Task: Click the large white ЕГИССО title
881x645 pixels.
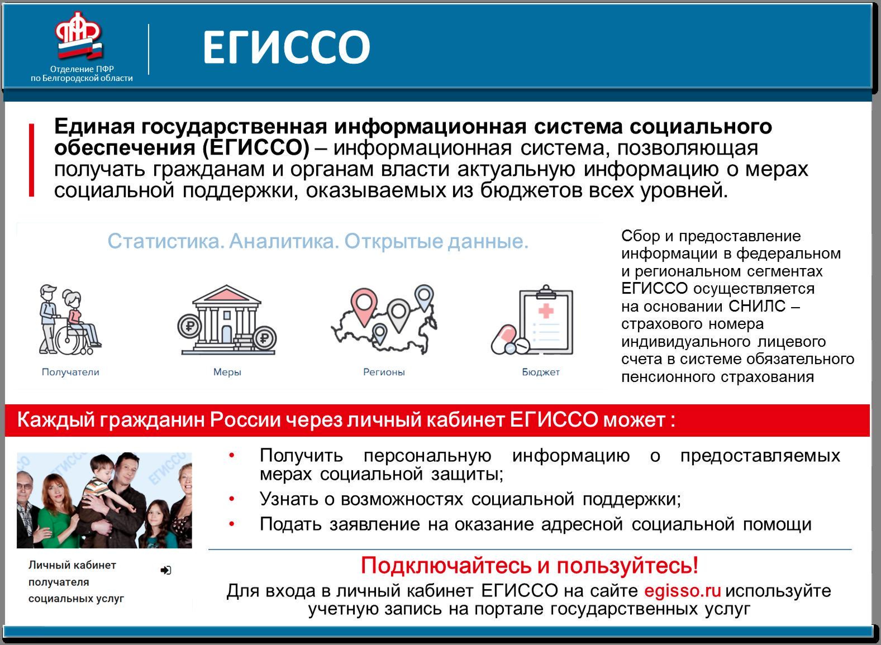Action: click(x=286, y=47)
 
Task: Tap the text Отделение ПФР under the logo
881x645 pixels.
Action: click(x=82, y=69)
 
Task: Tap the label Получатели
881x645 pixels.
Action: click(x=70, y=372)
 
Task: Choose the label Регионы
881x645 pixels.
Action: click(x=384, y=372)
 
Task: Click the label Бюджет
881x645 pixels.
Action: click(x=540, y=372)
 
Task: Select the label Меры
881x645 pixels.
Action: click(x=227, y=372)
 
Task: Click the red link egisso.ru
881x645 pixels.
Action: click(x=682, y=591)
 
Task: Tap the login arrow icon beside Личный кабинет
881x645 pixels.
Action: click(x=166, y=570)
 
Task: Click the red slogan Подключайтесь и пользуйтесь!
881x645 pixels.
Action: click(x=529, y=565)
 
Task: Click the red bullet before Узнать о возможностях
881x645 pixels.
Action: click(x=232, y=499)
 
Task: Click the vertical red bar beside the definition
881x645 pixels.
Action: click(x=32, y=160)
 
